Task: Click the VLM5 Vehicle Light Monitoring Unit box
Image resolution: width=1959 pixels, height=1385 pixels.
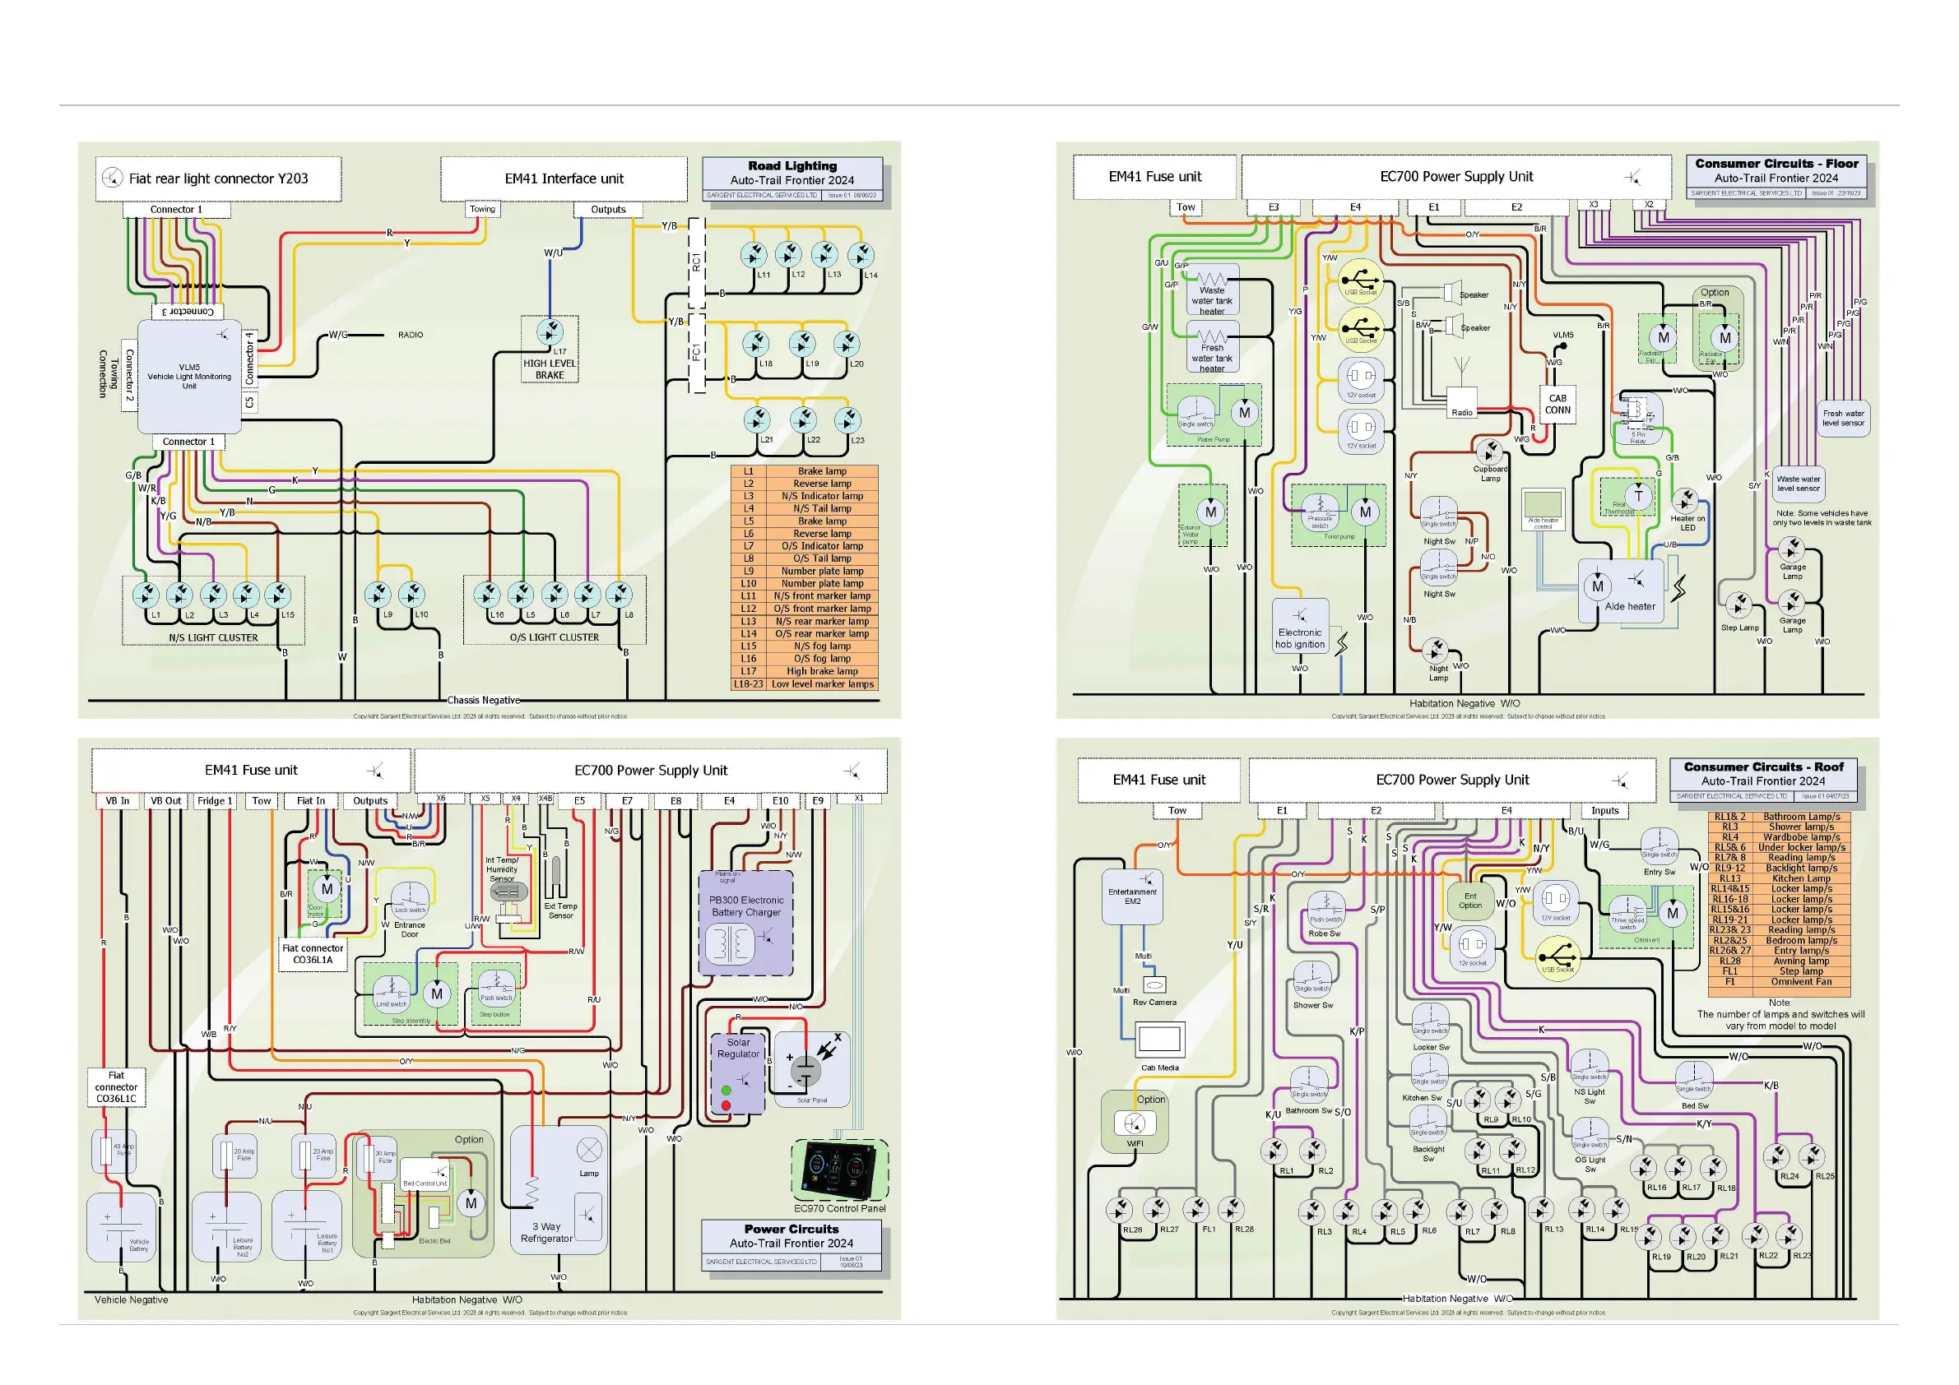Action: (189, 376)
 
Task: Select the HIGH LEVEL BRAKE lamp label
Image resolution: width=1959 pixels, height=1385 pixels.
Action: (550, 369)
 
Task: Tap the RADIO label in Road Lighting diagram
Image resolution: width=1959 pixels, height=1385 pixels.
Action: (411, 336)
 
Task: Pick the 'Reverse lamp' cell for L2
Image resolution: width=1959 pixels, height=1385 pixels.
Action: (822, 484)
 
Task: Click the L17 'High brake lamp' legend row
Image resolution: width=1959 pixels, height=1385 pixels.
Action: (822, 671)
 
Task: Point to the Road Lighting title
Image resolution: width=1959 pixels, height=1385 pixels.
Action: (791, 165)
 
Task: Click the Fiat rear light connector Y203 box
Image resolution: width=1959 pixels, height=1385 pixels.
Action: (218, 178)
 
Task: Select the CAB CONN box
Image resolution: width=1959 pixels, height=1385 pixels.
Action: (1557, 405)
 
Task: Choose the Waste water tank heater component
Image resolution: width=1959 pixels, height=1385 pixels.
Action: (1212, 291)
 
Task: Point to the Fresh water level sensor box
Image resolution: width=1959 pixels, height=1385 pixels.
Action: (1843, 419)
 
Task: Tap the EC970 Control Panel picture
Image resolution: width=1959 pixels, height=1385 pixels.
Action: (840, 1169)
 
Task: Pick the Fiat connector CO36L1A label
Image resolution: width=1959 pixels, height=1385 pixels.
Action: (313, 954)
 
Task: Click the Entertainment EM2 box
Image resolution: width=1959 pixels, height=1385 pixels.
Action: (1132, 896)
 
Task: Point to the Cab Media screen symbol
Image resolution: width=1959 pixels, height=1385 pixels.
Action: (1159, 1039)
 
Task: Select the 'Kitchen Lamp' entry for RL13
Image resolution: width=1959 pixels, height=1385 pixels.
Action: (1800, 878)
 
